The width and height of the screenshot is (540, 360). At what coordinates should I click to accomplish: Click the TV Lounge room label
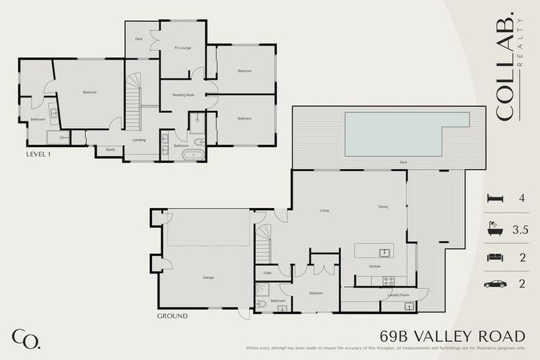(183, 49)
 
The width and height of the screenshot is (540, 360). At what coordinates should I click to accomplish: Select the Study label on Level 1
(110, 149)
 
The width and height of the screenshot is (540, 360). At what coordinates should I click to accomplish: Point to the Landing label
(139, 140)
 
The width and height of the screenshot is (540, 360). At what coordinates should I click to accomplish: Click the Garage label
(208, 278)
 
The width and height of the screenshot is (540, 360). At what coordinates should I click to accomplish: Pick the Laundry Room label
(398, 295)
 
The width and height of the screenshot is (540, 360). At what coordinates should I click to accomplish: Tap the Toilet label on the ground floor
(267, 273)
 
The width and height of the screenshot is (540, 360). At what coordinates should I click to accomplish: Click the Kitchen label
(375, 266)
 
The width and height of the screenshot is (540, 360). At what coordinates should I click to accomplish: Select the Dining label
(383, 207)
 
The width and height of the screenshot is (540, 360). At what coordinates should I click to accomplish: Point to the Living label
(325, 210)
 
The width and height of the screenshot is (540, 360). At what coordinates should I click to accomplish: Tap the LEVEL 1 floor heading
(39, 153)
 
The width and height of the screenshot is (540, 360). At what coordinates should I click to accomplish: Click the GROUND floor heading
(172, 316)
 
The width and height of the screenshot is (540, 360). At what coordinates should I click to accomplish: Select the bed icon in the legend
(496, 199)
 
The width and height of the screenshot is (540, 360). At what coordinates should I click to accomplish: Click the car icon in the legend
(496, 284)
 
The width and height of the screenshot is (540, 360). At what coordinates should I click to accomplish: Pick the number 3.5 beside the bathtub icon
(520, 229)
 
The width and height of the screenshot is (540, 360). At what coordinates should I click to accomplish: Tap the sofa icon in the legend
(496, 257)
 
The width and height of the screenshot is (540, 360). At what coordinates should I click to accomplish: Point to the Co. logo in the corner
(26, 339)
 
